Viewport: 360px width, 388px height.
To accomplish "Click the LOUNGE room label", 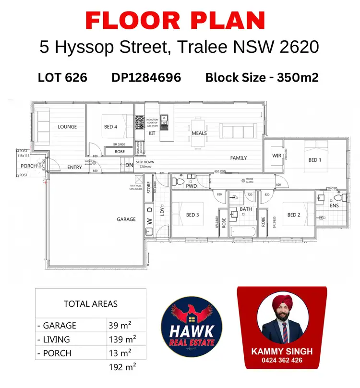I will (67, 127).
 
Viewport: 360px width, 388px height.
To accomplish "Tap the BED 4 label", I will (110, 127).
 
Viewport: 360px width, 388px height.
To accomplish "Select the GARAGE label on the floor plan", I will (126, 219).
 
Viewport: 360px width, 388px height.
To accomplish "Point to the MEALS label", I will (199, 133).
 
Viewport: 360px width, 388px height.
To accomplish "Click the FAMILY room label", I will (239, 158).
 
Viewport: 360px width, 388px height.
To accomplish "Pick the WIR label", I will (276, 156).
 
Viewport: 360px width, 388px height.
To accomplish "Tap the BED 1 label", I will (314, 160).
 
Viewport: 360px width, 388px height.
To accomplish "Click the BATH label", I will (246, 209).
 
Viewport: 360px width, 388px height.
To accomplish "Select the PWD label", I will (192, 185).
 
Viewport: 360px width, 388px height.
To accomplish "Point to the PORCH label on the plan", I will (28, 166).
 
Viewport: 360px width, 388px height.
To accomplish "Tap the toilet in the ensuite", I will (339, 197).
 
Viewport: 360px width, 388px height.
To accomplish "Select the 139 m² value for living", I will (122, 339).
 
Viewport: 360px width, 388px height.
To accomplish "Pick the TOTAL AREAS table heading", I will (90, 304).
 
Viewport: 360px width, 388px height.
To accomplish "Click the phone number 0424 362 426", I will (282, 360).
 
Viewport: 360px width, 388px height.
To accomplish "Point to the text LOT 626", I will (62, 77).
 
